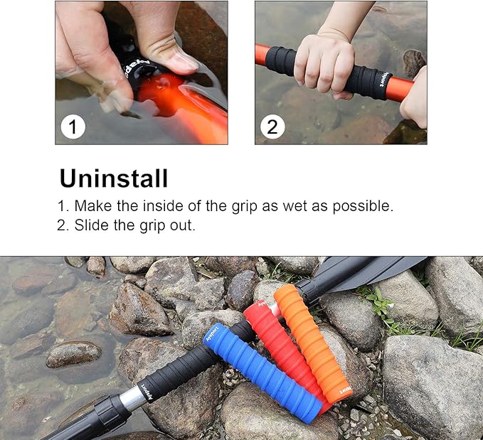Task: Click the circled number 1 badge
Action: click(x=73, y=127)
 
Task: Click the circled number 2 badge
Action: click(x=272, y=127)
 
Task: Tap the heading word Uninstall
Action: click(x=114, y=178)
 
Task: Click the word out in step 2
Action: click(x=184, y=225)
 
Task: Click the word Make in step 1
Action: click(x=91, y=207)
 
